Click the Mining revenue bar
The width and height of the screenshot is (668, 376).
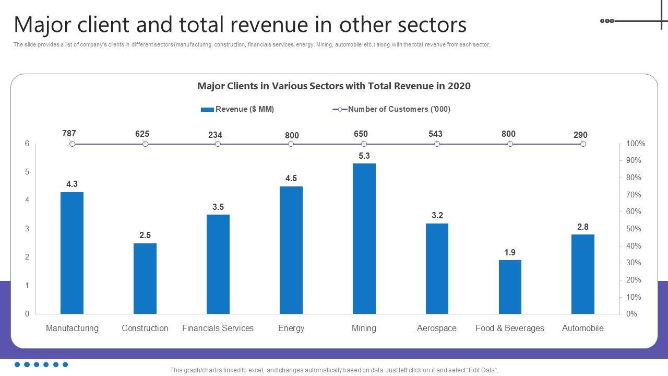[364, 239]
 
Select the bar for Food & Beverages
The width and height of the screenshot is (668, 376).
[510, 287]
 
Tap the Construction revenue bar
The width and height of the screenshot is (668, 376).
[145, 278]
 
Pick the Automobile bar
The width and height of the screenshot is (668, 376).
[583, 274]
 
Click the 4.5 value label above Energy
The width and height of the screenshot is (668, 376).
[291, 179]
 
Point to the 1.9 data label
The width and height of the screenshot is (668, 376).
[510, 253]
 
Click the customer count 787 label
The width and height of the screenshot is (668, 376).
[69, 133]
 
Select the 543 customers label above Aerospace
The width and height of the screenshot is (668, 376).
[435, 134]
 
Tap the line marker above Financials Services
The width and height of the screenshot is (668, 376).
[218, 144]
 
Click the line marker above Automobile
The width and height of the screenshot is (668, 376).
[583, 144]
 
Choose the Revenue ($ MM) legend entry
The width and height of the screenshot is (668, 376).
[238, 109]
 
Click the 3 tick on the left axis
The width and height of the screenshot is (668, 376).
[27, 229]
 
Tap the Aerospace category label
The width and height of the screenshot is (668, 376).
[437, 328]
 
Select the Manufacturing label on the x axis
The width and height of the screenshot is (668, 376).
[72, 328]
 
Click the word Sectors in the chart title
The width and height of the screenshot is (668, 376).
[322, 86]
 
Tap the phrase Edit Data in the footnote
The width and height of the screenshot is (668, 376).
[483, 370]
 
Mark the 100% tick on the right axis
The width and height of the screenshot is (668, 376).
[636, 144]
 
